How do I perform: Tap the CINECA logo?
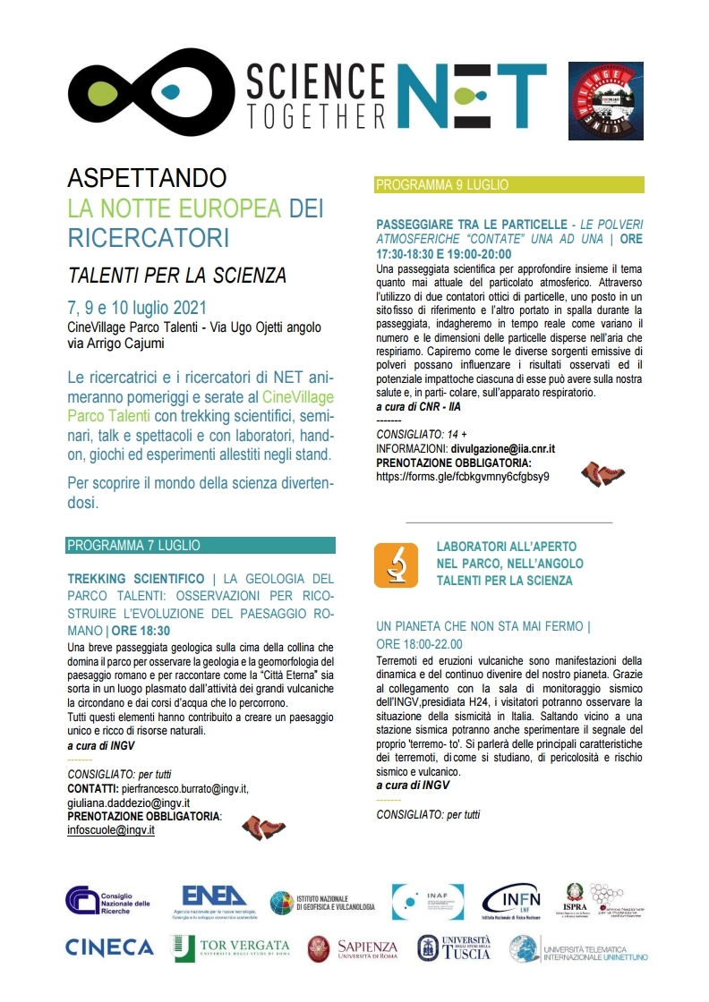(110, 947)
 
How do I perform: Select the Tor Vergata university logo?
(231, 947)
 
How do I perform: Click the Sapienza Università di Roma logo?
(353, 948)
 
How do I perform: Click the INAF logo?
(428, 901)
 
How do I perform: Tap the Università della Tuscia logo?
(454, 948)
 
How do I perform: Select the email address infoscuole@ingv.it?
(111, 829)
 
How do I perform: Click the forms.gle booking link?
(463, 477)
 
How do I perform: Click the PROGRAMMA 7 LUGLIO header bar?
(201, 545)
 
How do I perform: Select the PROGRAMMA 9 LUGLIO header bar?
(509, 185)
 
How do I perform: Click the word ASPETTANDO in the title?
(148, 177)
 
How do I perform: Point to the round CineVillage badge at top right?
(606, 101)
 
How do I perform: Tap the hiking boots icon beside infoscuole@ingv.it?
(263, 828)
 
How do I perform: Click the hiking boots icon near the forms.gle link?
(602, 473)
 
